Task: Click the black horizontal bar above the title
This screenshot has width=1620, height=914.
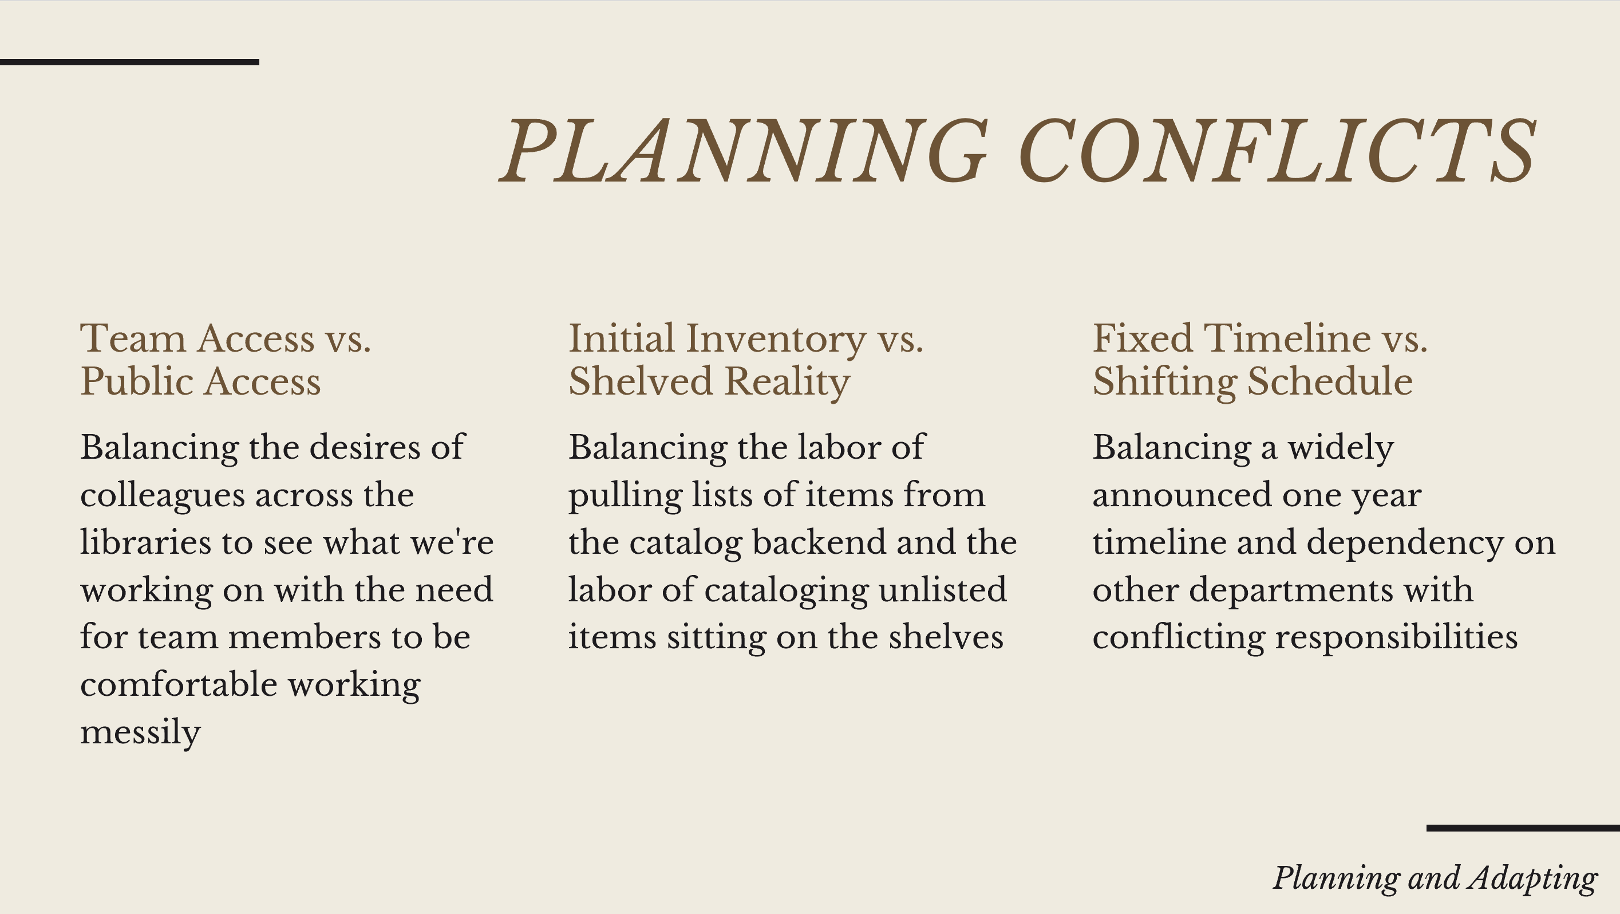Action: click(x=129, y=62)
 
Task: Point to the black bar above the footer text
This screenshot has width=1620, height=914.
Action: click(x=1523, y=829)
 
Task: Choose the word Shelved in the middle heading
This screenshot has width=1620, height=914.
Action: click(x=640, y=381)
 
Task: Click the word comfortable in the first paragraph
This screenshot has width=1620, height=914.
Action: click(x=178, y=684)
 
